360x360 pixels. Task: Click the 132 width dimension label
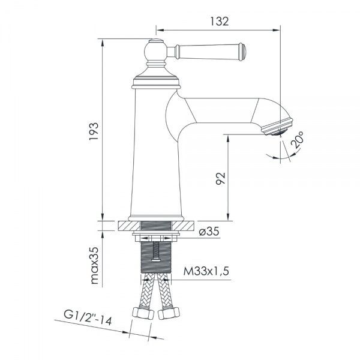[220, 22]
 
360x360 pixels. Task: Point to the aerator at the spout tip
[280, 127]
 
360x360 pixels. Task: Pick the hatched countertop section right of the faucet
[186, 227]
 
